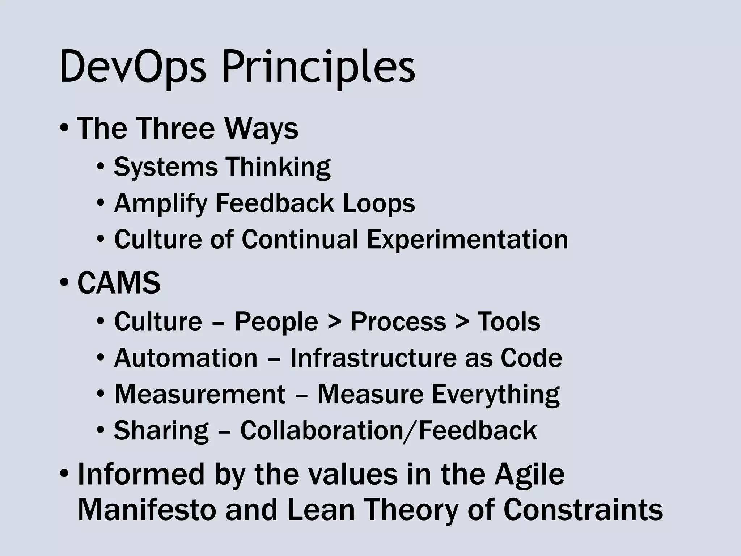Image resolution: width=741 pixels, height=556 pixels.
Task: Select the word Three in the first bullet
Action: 176,128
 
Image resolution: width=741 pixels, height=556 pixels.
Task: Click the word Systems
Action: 166,167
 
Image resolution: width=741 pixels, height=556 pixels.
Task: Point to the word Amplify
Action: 160,203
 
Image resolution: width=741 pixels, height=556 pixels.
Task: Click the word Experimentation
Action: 467,239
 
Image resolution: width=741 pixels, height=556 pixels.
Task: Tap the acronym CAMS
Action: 119,283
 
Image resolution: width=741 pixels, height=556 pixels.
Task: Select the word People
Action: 276,322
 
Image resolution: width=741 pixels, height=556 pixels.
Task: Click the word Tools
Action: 508,322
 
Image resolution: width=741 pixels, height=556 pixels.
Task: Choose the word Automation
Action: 186,358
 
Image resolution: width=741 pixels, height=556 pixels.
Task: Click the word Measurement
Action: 200,394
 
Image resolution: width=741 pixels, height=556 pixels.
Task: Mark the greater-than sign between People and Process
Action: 334,322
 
